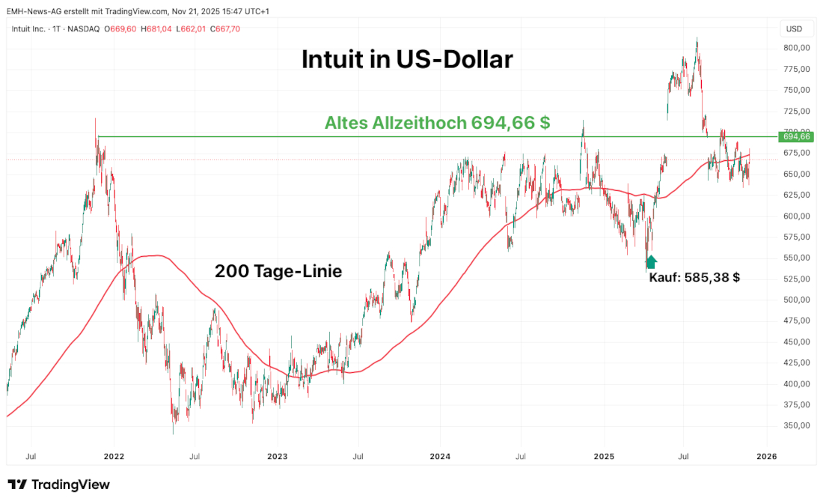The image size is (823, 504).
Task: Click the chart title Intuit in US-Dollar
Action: click(x=407, y=60)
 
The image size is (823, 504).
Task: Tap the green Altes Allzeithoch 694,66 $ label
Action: click(x=437, y=124)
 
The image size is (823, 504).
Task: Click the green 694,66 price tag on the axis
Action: click(x=796, y=136)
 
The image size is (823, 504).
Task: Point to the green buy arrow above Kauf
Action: click(x=651, y=261)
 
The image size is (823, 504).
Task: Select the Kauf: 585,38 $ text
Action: click(x=694, y=277)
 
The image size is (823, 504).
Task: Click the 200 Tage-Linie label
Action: click(x=278, y=271)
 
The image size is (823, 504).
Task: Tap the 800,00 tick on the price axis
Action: click(x=796, y=48)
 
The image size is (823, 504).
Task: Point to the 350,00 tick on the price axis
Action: click(x=796, y=425)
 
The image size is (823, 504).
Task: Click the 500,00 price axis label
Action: click(x=796, y=300)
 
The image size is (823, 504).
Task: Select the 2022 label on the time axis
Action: click(x=114, y=455)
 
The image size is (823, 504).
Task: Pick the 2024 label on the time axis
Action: click(x=440, y=455)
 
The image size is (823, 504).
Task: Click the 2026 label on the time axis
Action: click(x=766, y=455)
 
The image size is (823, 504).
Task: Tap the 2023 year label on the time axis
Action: click(x=277, y=455)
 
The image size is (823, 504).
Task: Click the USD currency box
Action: click(x=795, y=29)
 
